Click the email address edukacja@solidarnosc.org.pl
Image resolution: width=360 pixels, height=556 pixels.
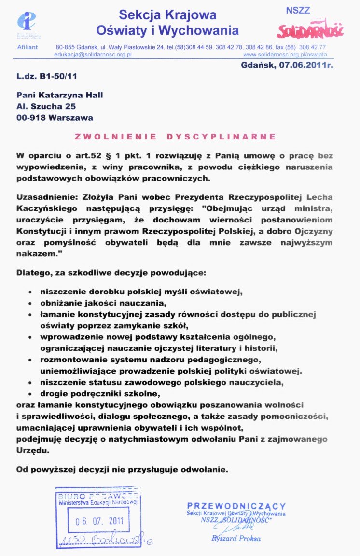(93, 55)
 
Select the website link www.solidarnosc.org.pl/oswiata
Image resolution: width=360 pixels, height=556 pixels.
(285, 55)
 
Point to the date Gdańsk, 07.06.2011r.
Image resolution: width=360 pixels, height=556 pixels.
(287, 65)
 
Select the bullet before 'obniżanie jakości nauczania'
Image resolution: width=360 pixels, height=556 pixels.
(31, 304)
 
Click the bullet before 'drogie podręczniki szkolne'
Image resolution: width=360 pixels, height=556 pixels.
(31, 394)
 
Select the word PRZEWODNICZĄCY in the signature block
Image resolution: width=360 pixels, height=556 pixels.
(236, 506)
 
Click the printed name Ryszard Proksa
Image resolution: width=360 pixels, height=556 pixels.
(236, 538)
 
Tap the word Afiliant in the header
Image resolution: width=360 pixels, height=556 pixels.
(28, 47)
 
